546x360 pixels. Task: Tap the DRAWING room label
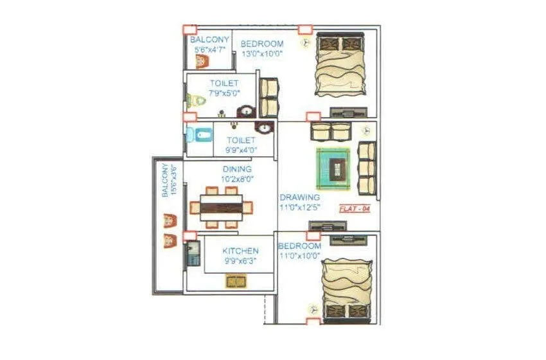pos(299,197)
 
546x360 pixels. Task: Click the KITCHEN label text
pos(240,251)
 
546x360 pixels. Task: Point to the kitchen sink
pos(236,281)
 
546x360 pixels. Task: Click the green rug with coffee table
pos(333,168)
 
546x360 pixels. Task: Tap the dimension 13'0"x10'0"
pos(261,54)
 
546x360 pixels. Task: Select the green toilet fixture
pos(197,100)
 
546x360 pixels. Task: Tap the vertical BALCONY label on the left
pos(166,181)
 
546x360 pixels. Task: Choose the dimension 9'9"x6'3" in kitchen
pos(241,262)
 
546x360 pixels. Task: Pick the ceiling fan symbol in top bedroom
pos(305,42)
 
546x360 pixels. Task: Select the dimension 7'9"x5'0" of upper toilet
pos(224,94)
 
